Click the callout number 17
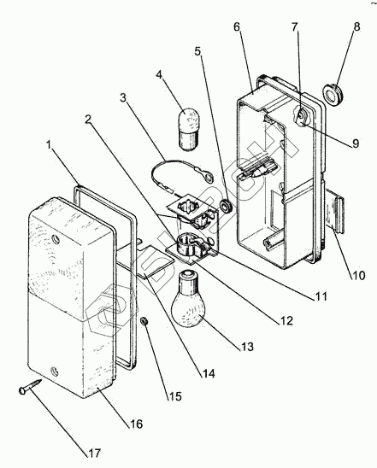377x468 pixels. [x=94, y=453]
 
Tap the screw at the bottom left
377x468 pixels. [x=30, y=386]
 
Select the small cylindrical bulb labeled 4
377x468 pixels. [x=190, y=128]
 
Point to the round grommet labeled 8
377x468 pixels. [x=333, y=93]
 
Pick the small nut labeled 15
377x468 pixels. [x=144, y=321]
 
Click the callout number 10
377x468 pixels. [x=358, y=275]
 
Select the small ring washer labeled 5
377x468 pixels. [x=225, y=206]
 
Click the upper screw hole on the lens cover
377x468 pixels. [x=56, y=239]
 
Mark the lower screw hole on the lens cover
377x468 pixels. [x=55, y=371]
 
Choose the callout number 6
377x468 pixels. [x=237, y=26]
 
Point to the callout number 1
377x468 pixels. [x=49, y=145]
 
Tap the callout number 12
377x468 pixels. [x=286, y=321]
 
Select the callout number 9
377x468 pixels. [x=356, y=143]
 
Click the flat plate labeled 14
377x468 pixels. [x=156, y=261]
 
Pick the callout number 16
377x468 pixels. [x=136, y=424]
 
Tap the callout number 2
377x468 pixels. [x=87, y=120]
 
